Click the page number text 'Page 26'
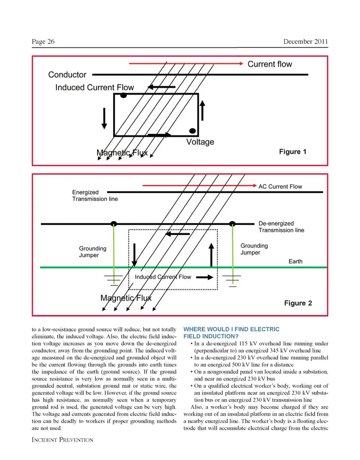tap(43, 42)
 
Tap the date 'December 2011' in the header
tap(306, 42)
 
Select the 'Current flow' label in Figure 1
tap(270, 64)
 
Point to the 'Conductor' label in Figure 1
tap(67, 75)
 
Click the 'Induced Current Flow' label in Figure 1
tap(94, 88)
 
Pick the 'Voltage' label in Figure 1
tap(200, 142)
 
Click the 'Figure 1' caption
tap(293, 152)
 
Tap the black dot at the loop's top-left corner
tap(123, 96)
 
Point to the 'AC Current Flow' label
tap(280, 187)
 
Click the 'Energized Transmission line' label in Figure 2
tap(95, 196)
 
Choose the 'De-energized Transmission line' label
tap(281, 227)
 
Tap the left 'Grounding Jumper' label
tap(93, 252)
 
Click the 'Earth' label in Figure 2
tap(295, 261)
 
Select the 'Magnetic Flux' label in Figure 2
tap(126, 298)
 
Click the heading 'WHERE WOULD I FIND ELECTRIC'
tap(231, 329)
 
